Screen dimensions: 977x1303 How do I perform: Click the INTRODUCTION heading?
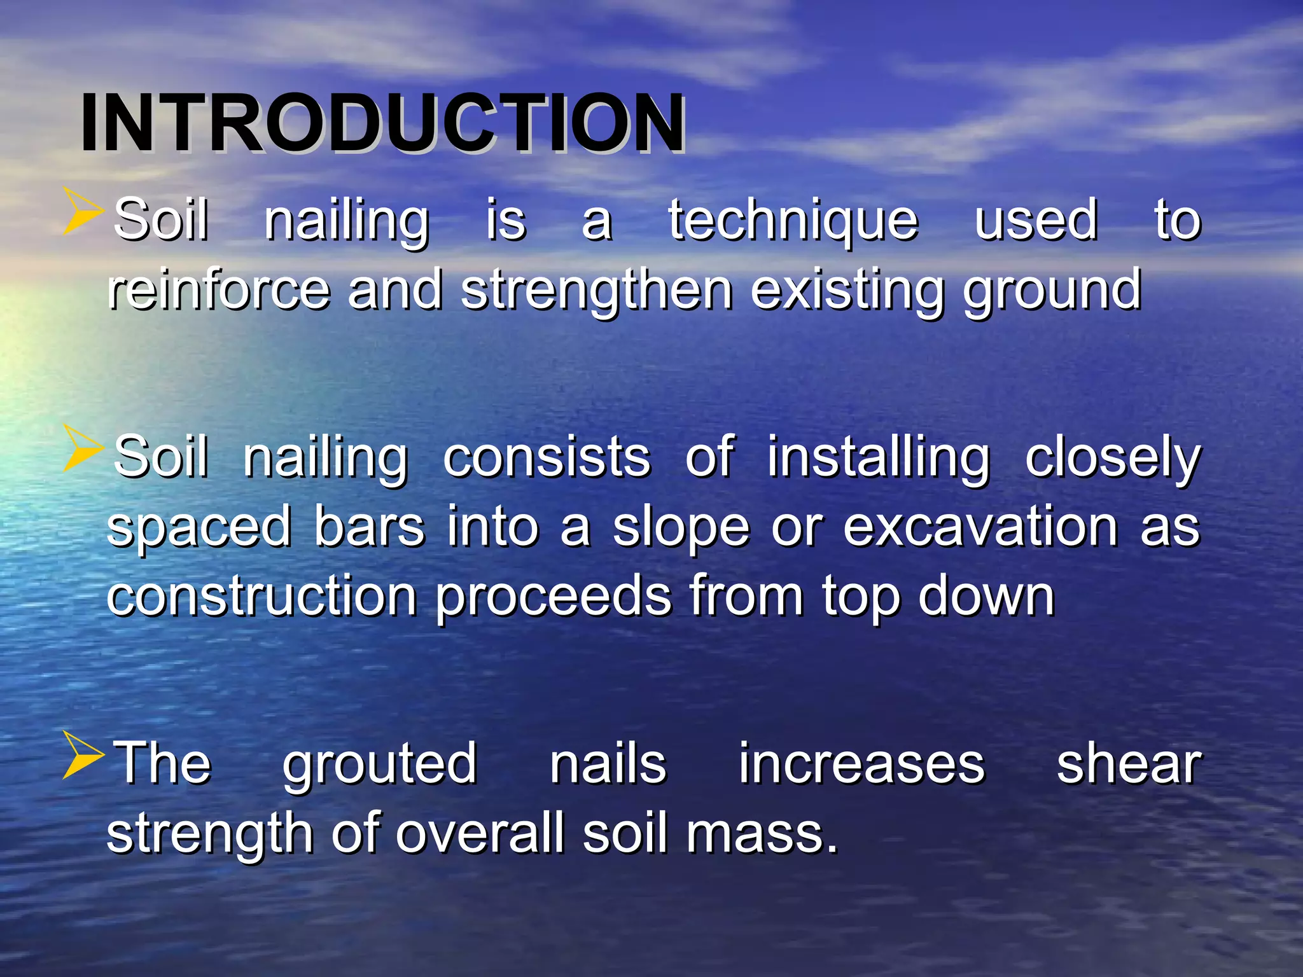point(382,123)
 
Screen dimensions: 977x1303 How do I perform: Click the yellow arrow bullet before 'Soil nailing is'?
point(83,211)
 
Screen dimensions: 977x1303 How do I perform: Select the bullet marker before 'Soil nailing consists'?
point(83,448)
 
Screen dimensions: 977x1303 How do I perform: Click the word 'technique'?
point(793,221)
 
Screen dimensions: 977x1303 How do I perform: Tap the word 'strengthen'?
point(596,291)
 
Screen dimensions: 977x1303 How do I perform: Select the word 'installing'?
point(878,457)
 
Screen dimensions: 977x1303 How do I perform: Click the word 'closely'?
point(1112,459)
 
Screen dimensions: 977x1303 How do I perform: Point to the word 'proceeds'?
point(553,597)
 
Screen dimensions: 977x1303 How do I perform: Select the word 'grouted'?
point(379,765)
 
